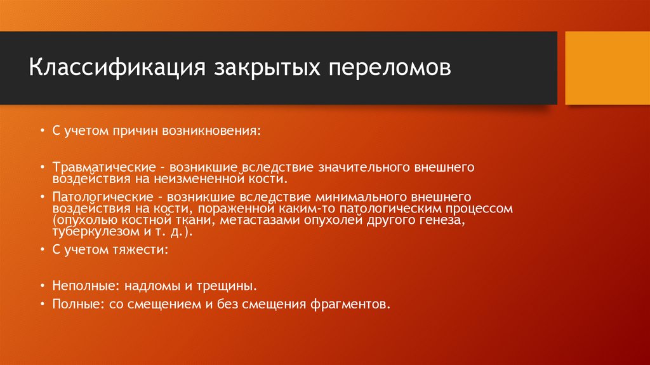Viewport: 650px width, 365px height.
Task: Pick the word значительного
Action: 369,167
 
